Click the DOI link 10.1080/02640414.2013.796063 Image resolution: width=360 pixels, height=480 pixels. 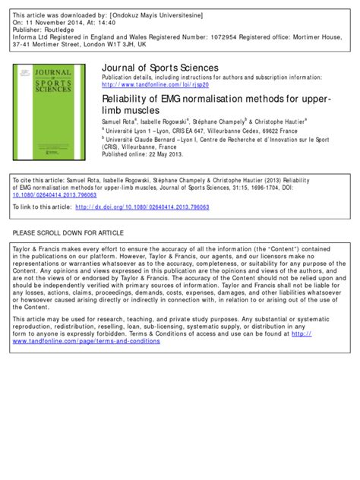point(54,195)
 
